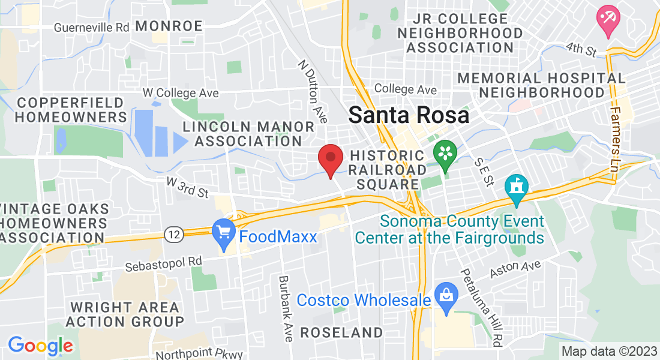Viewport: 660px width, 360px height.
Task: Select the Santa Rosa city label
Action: [x=409, y=115]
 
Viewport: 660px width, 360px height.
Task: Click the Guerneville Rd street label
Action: [x=91, y=28]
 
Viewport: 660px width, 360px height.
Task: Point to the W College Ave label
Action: [x=180, y=93]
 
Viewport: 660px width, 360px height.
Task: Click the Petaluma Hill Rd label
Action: [x=481, y=307]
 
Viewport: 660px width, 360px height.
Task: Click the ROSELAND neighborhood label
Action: [x=341, y=332]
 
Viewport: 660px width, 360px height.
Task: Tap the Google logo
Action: [x=40, y=346]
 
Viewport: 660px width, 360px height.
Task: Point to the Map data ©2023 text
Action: [x=608, y=351]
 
